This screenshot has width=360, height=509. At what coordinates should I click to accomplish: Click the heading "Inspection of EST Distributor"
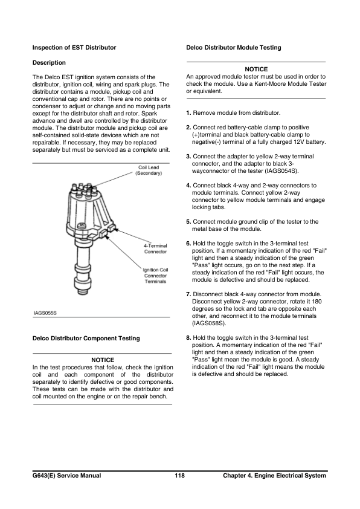tap(74, 47)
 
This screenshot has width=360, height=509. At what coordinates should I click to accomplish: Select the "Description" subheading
tap(49, 62)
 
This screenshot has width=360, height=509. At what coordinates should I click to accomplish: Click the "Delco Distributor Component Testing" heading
tap(85, 338)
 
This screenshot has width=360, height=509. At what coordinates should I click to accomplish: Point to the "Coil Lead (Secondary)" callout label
tap(148, 170)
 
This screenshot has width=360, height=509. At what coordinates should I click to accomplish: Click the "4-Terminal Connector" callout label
tap(155, 248)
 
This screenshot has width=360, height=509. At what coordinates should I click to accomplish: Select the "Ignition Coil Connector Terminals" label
tap(155, 276)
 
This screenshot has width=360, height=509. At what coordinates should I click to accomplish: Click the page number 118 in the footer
tap(179, 476)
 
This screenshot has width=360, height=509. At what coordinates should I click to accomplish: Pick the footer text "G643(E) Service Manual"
tap(66, 476)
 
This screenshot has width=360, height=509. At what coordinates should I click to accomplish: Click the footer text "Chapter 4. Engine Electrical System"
tap(274, 476)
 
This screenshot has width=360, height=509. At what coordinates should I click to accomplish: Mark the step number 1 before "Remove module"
tap(188, 113)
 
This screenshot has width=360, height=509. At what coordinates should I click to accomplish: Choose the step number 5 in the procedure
tap(188, 222)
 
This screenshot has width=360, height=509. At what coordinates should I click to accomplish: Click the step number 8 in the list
tap(188, 338)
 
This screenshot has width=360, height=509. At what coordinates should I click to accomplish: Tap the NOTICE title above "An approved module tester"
tap(256, 70)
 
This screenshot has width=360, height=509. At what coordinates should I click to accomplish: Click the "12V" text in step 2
tap(297, 142)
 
